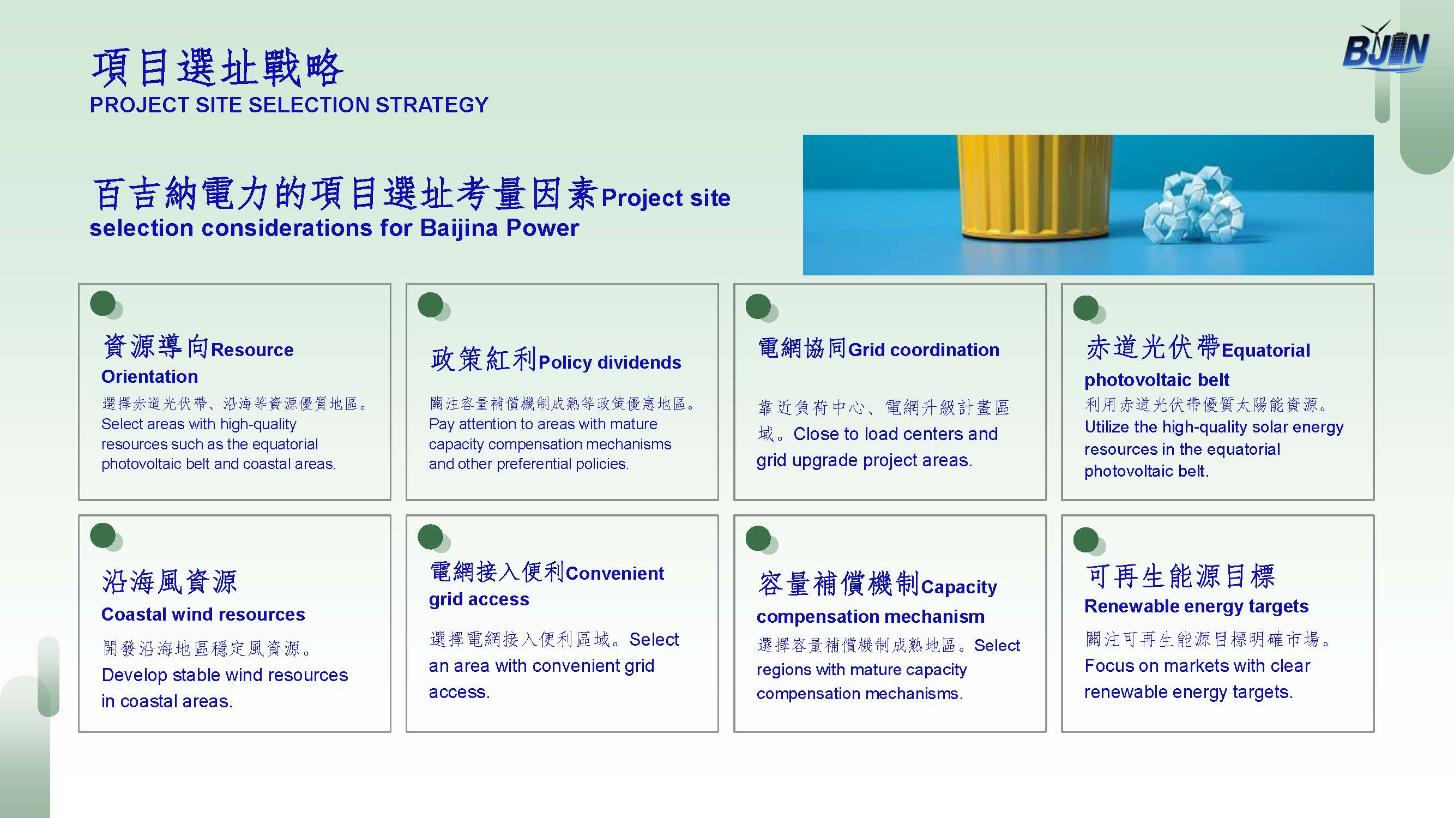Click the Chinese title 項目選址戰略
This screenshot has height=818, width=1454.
(218, 68)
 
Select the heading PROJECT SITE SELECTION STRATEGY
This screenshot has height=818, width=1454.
(289, 105)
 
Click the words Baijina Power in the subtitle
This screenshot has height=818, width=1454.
(499, 228)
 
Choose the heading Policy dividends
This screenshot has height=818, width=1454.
(610, 363)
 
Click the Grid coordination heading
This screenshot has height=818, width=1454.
(924, 350)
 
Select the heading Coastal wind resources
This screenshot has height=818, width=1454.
(203, 614)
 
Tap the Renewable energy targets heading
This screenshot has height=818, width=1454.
(1196, 606)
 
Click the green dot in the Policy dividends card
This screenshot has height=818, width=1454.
(431, 305)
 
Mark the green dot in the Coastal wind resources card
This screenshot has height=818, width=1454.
(102, 536)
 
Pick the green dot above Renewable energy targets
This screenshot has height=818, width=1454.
(1086, 540)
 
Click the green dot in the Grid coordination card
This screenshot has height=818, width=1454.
(758, 306)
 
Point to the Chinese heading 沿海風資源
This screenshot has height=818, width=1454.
(170, 581)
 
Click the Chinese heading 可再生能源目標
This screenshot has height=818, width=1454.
(1180, 576)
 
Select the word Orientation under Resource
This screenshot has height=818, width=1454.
(149, 376)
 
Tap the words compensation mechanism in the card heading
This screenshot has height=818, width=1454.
(870, 616)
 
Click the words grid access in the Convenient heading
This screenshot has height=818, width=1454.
(479, 599)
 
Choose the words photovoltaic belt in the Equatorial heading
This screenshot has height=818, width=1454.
(1156, 380)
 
